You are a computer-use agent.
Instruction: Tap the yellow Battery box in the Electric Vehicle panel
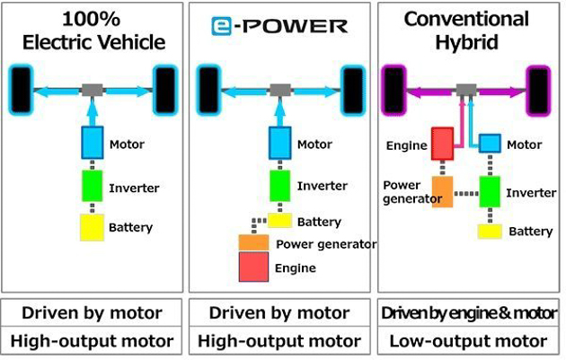click(93, 227)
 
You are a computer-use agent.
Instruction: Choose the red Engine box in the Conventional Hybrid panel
click(442, 144)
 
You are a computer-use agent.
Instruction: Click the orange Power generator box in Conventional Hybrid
click(442, 191)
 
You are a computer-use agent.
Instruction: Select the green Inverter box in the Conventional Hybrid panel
click(490, 191)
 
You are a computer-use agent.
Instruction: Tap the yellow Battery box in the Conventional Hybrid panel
click(490, 232)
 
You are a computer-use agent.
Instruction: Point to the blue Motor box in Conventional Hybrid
click(490, 144)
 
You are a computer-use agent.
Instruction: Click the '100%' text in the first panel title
click(93, 17)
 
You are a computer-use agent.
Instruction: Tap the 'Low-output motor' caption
click(467, 341)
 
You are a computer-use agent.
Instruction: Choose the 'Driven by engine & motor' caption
click(467, 313)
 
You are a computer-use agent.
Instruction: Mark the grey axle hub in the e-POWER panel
click(280, 89)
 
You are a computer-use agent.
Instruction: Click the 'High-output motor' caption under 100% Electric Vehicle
click(93, 341)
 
